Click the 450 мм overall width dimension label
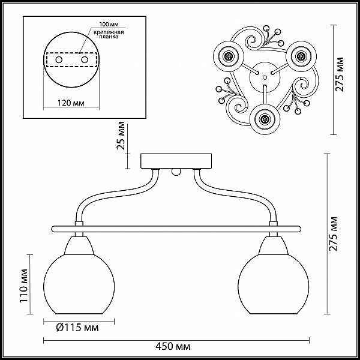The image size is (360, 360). point(173,346)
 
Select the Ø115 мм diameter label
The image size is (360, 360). point(77,328)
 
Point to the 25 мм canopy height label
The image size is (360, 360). point(121,136)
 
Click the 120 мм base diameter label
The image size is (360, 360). point(71,103)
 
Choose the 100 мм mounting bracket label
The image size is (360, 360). point(109,24)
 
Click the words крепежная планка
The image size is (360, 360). point(109,34)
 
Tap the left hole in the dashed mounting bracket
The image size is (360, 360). point(59,60)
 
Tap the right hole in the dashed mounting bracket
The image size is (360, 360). point(85,60)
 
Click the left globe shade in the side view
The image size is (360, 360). point(79,284)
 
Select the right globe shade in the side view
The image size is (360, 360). point(273,284)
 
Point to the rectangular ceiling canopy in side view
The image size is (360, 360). point(176,161)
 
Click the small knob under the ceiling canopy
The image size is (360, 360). point(176,172)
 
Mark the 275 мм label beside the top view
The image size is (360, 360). point(340,74)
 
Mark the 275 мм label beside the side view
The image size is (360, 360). point(334,234)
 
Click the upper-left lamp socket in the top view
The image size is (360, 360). point(229,56)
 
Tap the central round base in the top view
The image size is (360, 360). point(265,77)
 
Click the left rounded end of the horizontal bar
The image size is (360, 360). point(54,229)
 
